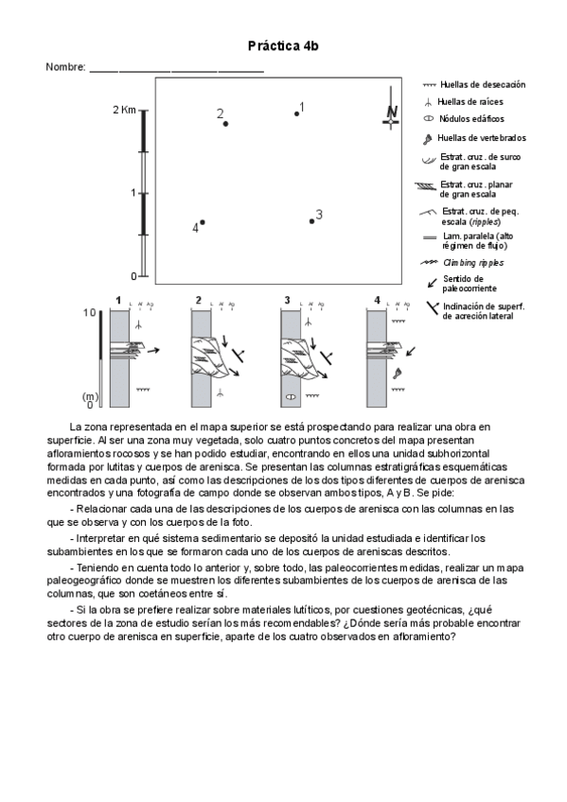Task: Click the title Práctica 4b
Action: [283, 46]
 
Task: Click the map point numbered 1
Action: [297, 113]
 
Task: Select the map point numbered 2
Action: [225, 124]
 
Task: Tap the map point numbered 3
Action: [311, 221]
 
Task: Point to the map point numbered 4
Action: [203, 222]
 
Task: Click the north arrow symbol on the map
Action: [391, 109]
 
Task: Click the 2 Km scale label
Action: [124, 110]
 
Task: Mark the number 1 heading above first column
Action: [118, 300]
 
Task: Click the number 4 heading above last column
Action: [377, 300]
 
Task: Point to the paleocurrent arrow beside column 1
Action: [153, 350]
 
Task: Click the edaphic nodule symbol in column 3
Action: [291, 396]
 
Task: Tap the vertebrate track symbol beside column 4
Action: [397, 374]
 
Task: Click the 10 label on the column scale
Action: [90, 312]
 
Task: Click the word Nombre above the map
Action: [65, 67]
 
